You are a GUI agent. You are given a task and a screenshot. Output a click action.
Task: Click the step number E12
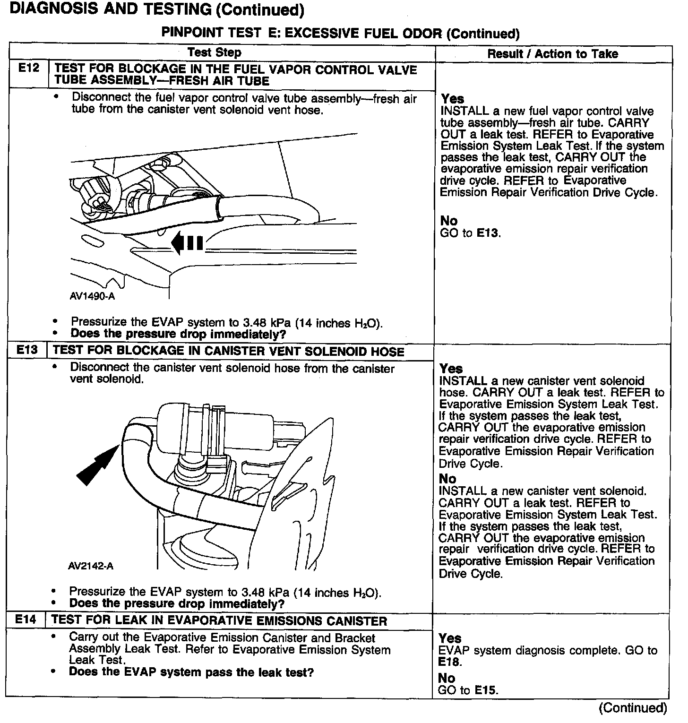click(28, 69)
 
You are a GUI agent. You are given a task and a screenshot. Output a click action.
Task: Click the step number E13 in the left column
click(26, 350)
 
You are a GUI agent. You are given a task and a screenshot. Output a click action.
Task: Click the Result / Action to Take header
click(552, 54)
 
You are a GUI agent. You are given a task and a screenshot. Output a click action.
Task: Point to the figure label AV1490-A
click(92, 297)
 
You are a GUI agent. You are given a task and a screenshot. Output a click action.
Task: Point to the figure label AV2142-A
click(91, 566)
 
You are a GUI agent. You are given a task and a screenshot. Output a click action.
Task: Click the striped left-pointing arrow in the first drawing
click(187, 243)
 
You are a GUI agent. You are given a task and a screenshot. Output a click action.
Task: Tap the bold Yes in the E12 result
click(452, 99)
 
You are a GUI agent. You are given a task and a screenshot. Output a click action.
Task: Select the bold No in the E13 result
click(447, 478)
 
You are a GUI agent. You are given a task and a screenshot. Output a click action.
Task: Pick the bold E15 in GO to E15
click(486, 690)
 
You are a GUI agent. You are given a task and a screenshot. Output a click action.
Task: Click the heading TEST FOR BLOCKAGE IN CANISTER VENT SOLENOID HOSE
click(229, 351)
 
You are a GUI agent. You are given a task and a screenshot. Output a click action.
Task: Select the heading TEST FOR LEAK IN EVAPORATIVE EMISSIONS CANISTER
click(219, 620)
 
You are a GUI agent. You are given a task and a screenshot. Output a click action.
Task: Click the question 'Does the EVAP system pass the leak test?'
click(191, 672)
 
